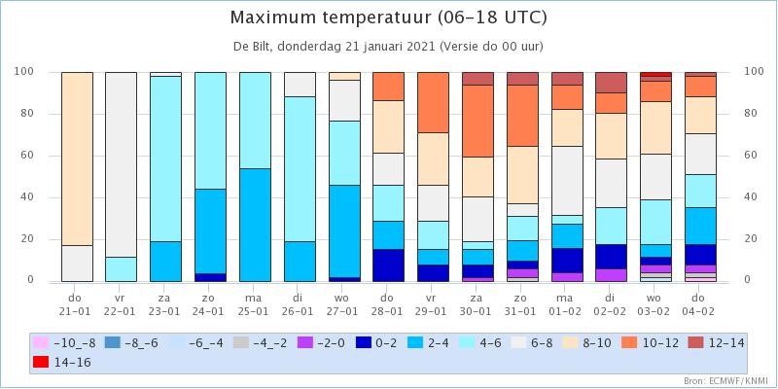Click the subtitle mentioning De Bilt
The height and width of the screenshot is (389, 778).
point(388,47)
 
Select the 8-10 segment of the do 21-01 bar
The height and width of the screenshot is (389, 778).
point(78,159)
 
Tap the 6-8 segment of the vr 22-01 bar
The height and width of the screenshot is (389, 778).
point(121,164)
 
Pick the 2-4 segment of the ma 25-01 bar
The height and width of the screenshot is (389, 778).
point(255,225)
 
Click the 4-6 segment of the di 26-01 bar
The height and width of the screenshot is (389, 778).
point(300,168)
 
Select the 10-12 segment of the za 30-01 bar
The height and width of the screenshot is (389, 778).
point(477,121)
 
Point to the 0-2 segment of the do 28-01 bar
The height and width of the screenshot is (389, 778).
point(388,265)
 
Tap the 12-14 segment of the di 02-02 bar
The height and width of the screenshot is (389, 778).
point(612,83)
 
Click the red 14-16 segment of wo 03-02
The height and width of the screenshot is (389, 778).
point(655,74)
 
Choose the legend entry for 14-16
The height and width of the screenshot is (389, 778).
point(62,362)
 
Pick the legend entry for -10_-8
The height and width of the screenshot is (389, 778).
point(65,343)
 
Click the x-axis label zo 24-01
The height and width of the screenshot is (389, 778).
point(210,304)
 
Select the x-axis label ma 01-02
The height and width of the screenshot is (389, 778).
point(567,304)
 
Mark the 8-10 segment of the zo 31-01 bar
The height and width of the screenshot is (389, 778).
point(522,175)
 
